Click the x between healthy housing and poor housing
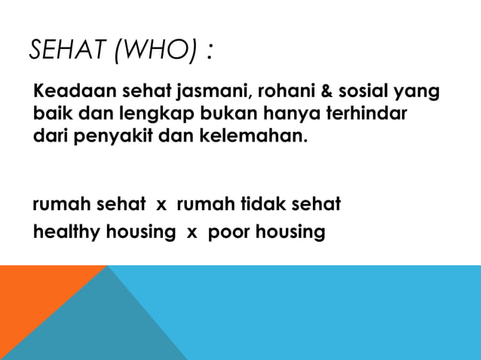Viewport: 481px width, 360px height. click(x=191, y=232)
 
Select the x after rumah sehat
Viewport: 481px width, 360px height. click(x=161, y=205)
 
